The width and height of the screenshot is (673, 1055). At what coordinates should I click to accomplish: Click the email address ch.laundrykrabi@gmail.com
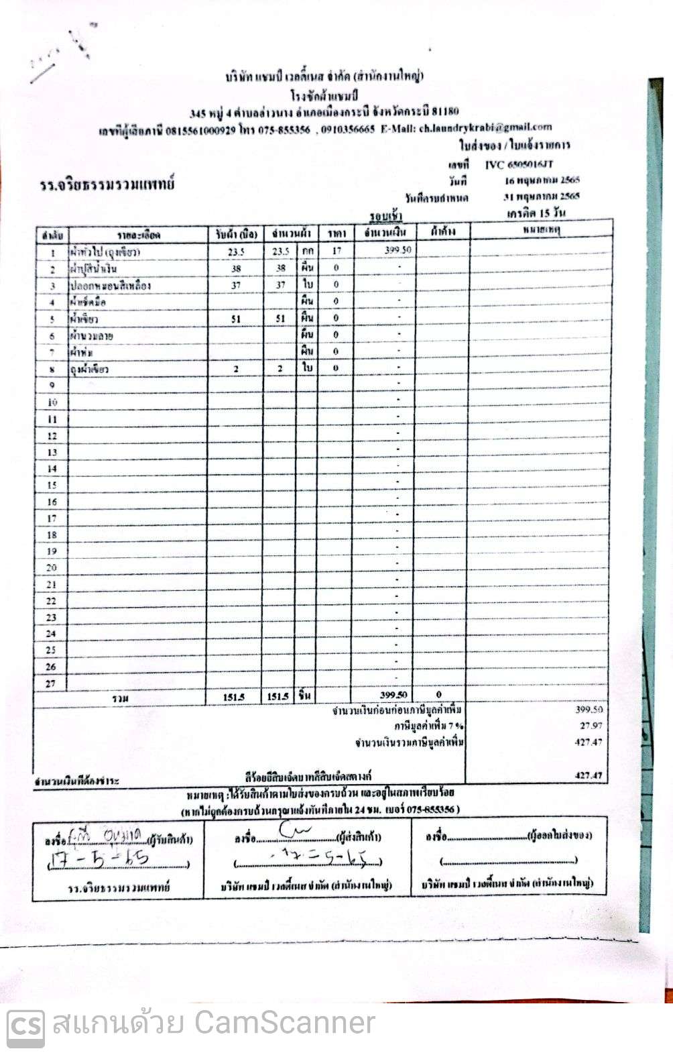[x=485, y=127]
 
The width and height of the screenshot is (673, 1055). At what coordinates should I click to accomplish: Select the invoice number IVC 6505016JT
[x=519, y=164]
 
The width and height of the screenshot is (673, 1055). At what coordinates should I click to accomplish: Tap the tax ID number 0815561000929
[x=200, y=130]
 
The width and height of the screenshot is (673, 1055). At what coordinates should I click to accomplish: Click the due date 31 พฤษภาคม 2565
[x=542, y=197]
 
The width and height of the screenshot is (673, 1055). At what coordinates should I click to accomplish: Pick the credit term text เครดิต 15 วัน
[x=536, y=213]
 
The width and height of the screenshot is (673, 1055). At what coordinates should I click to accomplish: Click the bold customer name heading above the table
[x=107, y=184]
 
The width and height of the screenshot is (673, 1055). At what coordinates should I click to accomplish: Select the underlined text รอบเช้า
[x=386, y=215]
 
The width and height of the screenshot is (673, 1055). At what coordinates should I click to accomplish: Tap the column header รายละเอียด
[x=139, y=235]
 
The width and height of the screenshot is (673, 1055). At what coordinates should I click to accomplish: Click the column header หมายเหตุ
[x=541, y=231]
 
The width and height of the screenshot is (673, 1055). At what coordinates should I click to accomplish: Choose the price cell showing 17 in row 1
[x=336, y=251]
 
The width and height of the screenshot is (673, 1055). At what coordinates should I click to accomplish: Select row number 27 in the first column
[x=51, y=683]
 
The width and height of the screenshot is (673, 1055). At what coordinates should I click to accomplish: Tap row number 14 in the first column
[x=52, y=469]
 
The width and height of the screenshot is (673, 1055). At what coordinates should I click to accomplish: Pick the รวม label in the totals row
[x=121, y=698]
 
